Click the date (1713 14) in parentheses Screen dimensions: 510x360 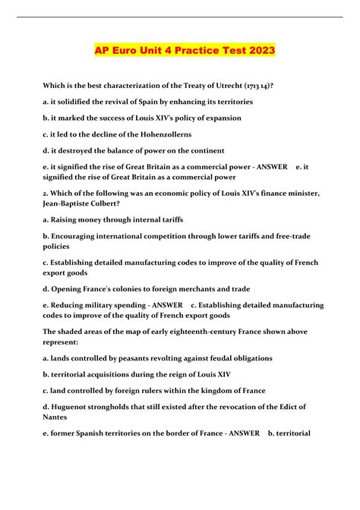pos(263,86)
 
